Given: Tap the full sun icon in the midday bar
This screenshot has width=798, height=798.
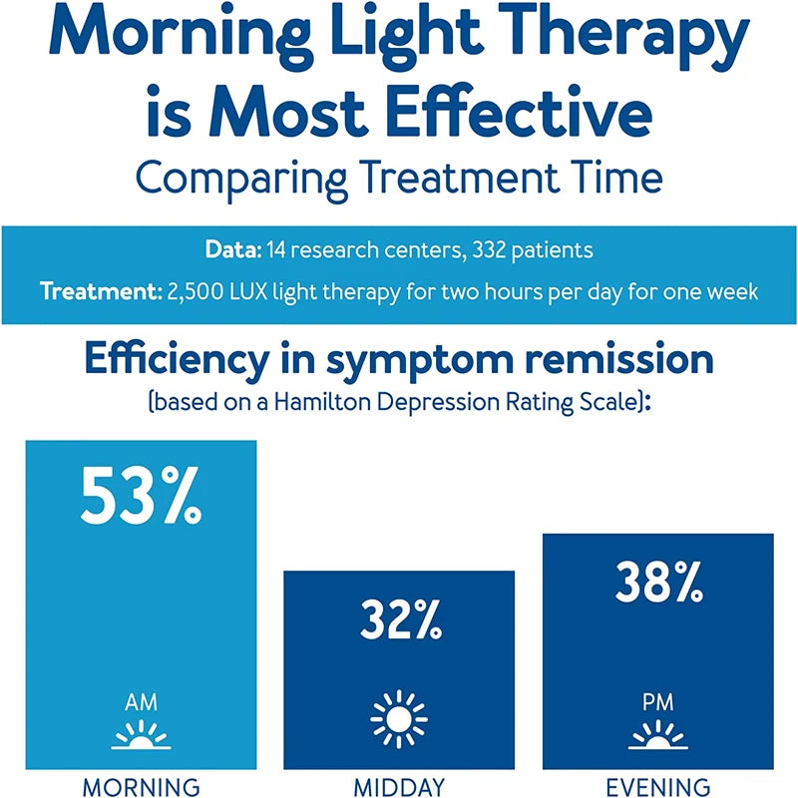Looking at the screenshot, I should point(399,718).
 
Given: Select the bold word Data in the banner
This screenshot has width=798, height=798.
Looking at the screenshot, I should point(229,250).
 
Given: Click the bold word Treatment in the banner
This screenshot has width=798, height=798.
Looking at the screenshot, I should point(96,293).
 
